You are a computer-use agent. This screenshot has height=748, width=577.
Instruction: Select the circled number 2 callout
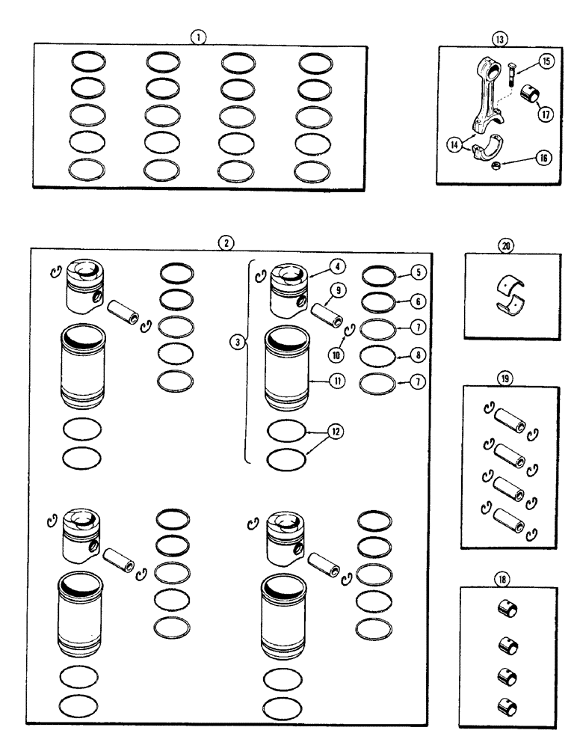click(223, 242)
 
